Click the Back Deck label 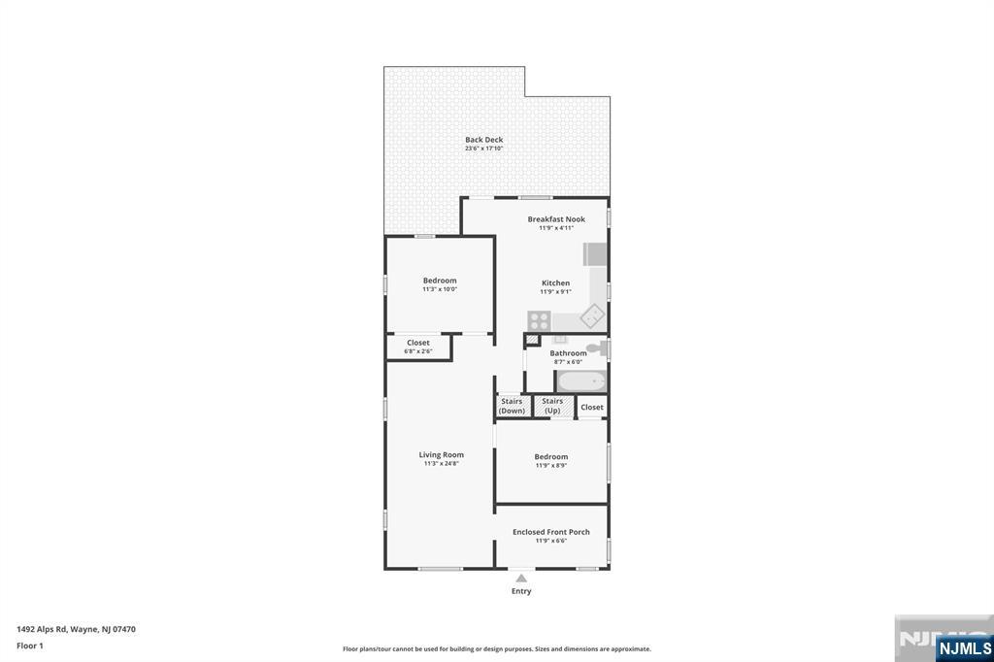483,140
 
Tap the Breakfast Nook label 556,219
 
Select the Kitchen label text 555,283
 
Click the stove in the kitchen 539,320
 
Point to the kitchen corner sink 592,316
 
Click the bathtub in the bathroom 581,381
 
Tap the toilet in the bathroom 595,346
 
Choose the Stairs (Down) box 512,406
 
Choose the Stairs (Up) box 552,406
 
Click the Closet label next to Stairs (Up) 592,407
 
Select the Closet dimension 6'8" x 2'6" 418,351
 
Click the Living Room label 441,454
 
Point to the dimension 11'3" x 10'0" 439,289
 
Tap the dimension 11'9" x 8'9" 550,466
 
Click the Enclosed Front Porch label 551,532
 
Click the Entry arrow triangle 521,579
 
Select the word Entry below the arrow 521,591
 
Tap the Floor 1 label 30,645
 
